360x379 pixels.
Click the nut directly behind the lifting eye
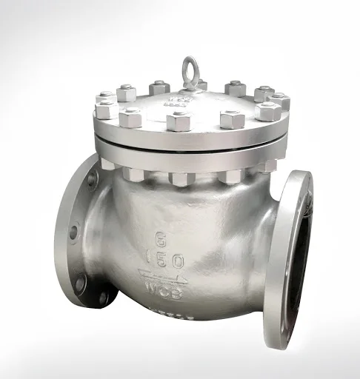tap(201, 84)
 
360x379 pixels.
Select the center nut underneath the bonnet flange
tap(180, 178)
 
